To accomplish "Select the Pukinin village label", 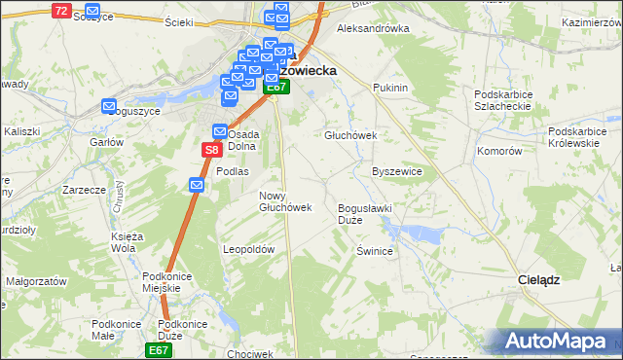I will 389,88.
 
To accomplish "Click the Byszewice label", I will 397,170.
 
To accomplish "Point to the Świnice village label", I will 374,250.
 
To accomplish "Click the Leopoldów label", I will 250,249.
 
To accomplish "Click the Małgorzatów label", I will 35,279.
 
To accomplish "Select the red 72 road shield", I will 61,10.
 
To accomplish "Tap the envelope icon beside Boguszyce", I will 108,106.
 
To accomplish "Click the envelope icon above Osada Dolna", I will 220,131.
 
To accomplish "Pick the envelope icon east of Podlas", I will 197,185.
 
